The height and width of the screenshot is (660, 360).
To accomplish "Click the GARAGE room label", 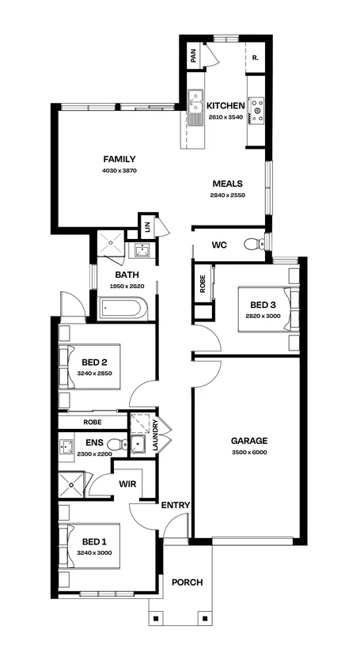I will pyautogui.click(x=248, y=441).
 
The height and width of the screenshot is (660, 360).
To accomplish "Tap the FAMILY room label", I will pyautogui.click(x=119, y=159).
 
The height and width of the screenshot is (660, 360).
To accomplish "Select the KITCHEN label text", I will pyautogui.click(x=225, y=106).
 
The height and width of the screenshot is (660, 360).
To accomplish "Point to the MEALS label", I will pyautogui.click(x=227, y=184).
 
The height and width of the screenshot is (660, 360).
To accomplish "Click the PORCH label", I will pyautogui.click(x=187, y=582).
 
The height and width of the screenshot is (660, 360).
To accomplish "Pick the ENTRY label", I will pyautogui.click(x=173, y=505).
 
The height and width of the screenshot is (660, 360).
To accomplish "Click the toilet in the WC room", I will pyautogui.click(x=253, y=245).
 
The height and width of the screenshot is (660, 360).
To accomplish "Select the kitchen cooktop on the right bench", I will pyautogui.click(x=256, y=112).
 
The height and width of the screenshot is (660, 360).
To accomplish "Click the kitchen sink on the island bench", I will pyautogui.click(x=195, y=104).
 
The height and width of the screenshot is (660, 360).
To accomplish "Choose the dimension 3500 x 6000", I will pyautogui.click(x=248, y=453).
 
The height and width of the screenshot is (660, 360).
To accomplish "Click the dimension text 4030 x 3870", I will pyautogui.click(x=119, y=171).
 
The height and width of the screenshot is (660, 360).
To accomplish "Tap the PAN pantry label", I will pyautogui.click(x=192, y=56).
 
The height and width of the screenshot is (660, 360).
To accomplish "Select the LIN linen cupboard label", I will pyautogui.click(x=147, y=227).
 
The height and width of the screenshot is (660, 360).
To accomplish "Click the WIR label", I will pyautogui.click(x=128, y=483).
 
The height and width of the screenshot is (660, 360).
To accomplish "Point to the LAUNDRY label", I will pyautogui.click(x=155, y=436).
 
